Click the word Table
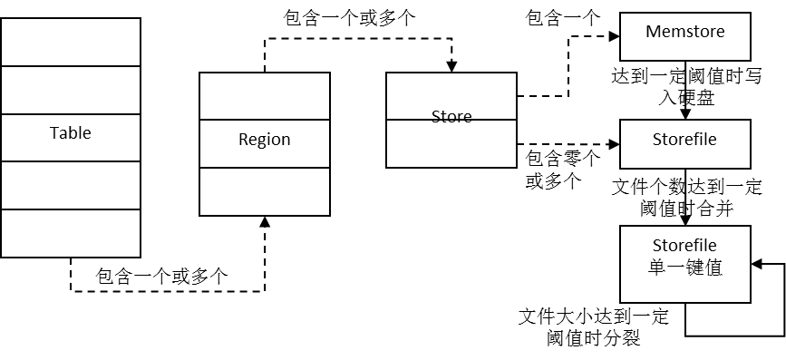click(x=70, y=133)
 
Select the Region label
click(x=264, y=140)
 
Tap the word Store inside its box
click(x=451, y=116)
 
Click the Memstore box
click(x=685, y=36)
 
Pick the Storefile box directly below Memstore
click(x=685, y=144)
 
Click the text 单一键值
click(x=684, y=268)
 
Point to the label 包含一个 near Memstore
click(x=562, y=18)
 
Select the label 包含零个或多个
click(x=562, y=170)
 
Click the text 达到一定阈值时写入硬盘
click(x=685, y=87)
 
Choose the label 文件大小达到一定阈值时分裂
click(x=594, y=327)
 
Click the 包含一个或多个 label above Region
click(x=349, y=18)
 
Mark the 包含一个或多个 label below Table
click(x=161, y=277)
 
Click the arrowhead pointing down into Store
click(x=452, y=67)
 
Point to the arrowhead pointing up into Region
click(x=265, y=222)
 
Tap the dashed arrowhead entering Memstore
click(x=614, y=36)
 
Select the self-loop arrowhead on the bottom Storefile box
click(x=757, y=264)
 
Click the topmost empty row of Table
click(x=70, y=42)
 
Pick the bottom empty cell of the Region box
click(x=264, y=191)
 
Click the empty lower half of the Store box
click(x=451, y=143)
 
